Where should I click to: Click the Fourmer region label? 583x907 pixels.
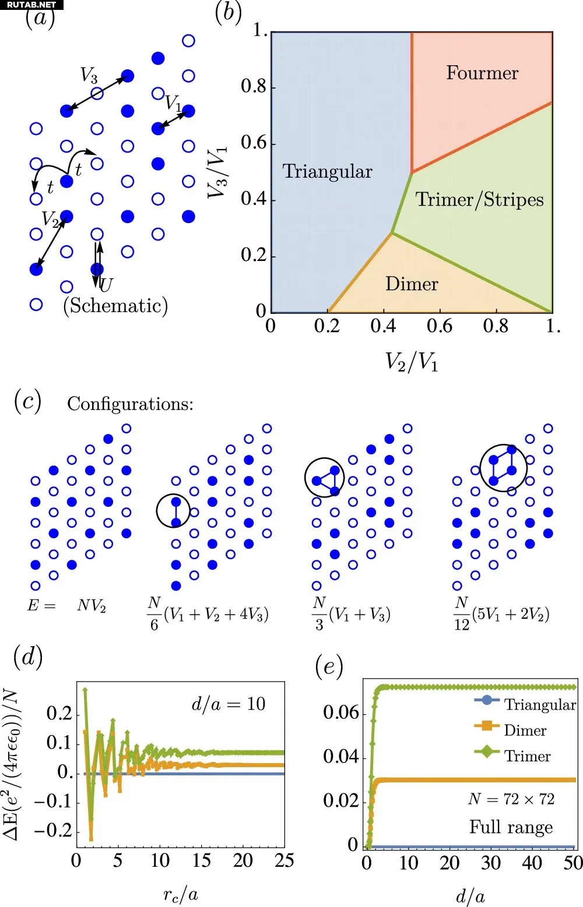point(482,73)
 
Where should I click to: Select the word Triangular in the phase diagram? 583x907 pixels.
point(327,172)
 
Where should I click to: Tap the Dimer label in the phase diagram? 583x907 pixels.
point(412,284)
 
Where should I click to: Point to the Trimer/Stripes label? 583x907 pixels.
point(479,200)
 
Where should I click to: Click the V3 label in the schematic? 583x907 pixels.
point(89,75)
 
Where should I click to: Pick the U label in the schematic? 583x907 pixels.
point(106,285)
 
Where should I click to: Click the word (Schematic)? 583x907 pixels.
point(115,306)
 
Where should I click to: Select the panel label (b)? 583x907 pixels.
point(228,13)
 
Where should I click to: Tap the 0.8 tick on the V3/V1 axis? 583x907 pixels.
point(254,87)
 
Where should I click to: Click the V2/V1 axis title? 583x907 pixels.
point(412,362)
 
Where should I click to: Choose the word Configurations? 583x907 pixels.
point(130,404)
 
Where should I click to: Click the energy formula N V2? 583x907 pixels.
point(92,606)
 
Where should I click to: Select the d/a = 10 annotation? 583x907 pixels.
point(228,704)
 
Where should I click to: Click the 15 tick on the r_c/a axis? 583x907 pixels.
point(201,860)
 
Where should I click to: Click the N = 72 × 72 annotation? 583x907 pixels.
point(511,799)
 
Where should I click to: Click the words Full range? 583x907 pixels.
point(511,827)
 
